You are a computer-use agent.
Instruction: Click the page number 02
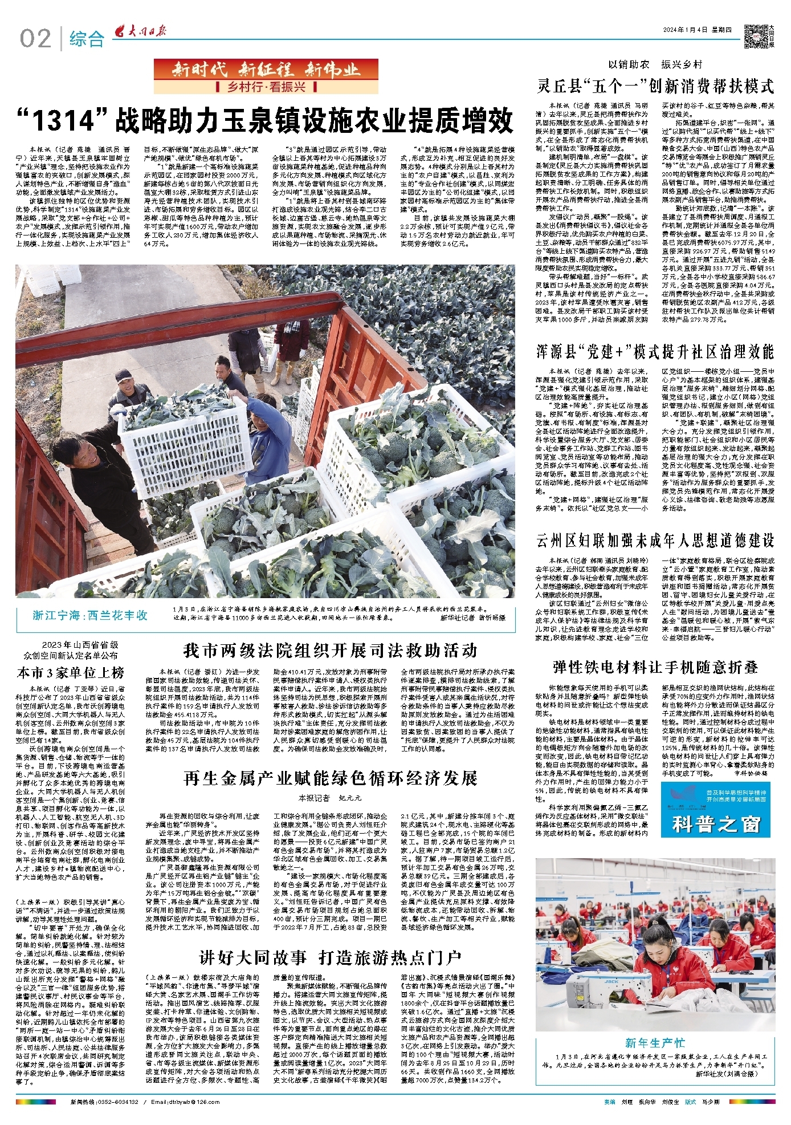[35, 39]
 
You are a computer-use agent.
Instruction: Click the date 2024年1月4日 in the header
[686, 30]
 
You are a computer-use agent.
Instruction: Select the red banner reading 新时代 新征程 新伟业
[266, 70]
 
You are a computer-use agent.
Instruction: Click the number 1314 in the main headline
[63, 120]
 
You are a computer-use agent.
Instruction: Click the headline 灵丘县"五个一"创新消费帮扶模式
[655, 87]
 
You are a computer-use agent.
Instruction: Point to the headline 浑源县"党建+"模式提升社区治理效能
[655, 351]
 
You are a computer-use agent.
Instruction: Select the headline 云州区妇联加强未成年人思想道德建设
[655, 539]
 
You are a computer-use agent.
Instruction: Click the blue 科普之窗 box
[717, 809]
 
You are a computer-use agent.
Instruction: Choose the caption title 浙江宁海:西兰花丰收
[90, 615]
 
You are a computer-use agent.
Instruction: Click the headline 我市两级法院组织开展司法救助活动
[330, 651]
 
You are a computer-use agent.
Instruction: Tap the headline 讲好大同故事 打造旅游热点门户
[330, 958]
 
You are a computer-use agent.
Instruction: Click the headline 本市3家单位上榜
[71, 673]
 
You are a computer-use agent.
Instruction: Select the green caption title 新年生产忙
[655, 1043]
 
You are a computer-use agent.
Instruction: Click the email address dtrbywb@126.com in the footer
[177, 1102]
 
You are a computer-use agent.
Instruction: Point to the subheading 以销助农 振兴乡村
[655, 64]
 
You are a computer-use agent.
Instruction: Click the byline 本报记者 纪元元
[330, 798]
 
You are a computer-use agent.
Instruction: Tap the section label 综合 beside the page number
[87, 39]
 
